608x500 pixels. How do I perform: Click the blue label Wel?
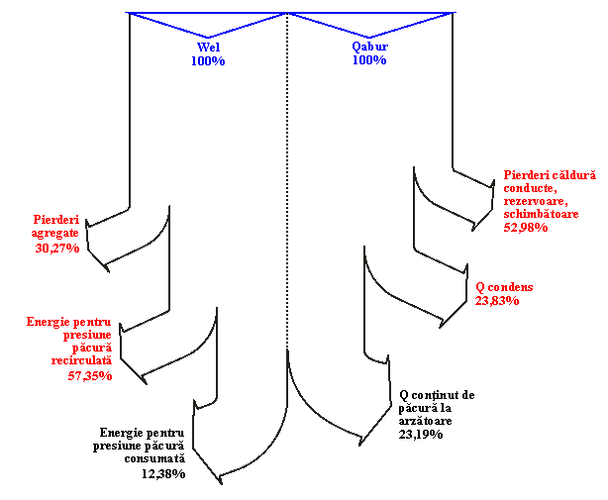(x=208, y=47)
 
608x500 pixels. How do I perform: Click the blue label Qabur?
(x=369, y=47)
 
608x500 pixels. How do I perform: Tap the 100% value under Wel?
(x=208, y=60)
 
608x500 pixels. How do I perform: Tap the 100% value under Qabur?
(x=369, y=60)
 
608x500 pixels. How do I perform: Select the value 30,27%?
(x=57, y=248)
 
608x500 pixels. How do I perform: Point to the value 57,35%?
(x=90, y=375)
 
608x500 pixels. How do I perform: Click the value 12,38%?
(x=163, y=473)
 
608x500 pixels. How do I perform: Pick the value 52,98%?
(x=526, y=227)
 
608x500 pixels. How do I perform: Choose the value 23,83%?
(x=497, y=300)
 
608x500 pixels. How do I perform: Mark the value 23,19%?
(x=421, y=434)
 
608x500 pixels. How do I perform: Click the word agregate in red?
(x=55, y=234)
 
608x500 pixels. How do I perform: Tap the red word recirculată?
(x=81, y=360)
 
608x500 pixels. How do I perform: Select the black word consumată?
(x=154, y=458)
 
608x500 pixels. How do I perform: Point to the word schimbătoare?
(x=541, y=214)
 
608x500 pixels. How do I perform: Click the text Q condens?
(x=504, y=287)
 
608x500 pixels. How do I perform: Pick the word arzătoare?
(x=426, y=421)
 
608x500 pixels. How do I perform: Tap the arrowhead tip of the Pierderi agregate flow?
(x=109, y=272)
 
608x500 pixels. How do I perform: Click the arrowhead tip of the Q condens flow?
(x=440, y=328)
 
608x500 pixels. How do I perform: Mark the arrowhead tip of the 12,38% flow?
(x=222, y=484)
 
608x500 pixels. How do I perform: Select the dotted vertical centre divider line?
(x=287, y=180)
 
